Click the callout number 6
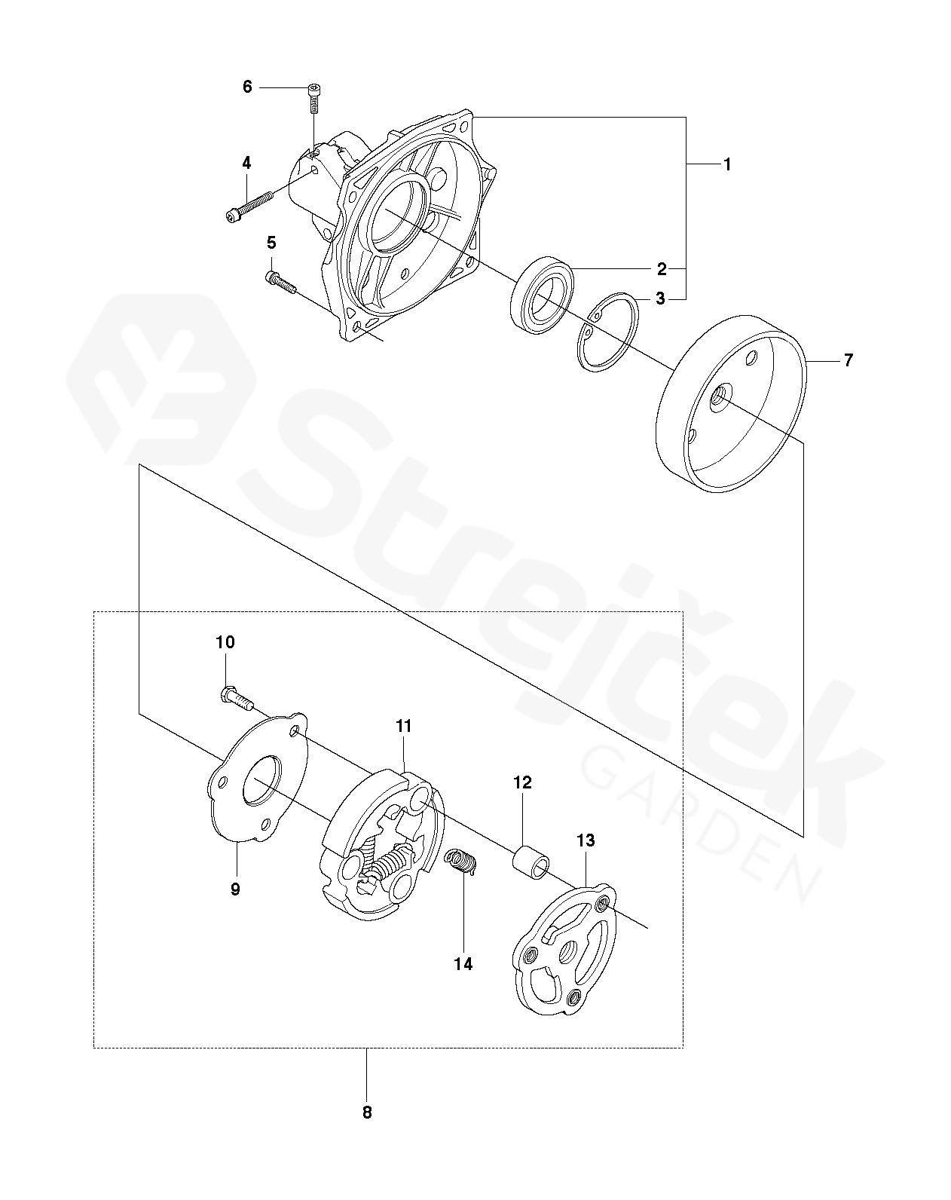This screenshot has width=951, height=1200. click(247, 87)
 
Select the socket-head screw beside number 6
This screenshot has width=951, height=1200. click(315, 98)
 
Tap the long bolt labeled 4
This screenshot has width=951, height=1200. click(249, 205)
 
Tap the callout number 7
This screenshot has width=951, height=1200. click(848, 360)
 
